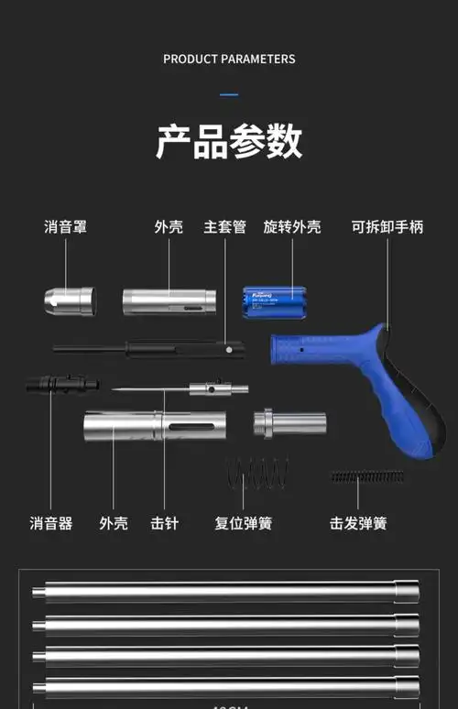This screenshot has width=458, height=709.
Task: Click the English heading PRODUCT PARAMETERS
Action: coord(229,59)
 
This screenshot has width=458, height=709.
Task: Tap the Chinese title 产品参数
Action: coord(229,142)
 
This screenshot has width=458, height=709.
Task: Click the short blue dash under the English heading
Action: coord(229,94)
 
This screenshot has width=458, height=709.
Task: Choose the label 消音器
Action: coord(50,524)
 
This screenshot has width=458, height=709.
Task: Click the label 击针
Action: coord(165,524)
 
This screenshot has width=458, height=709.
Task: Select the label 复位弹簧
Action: coord(243,524)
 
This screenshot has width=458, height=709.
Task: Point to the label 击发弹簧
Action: coord(358,524)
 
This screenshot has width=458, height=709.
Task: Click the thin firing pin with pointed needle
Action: coord(183,389)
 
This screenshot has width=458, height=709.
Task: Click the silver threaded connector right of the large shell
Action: coord(289,424)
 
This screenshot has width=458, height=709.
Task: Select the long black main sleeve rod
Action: coord(147,348)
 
